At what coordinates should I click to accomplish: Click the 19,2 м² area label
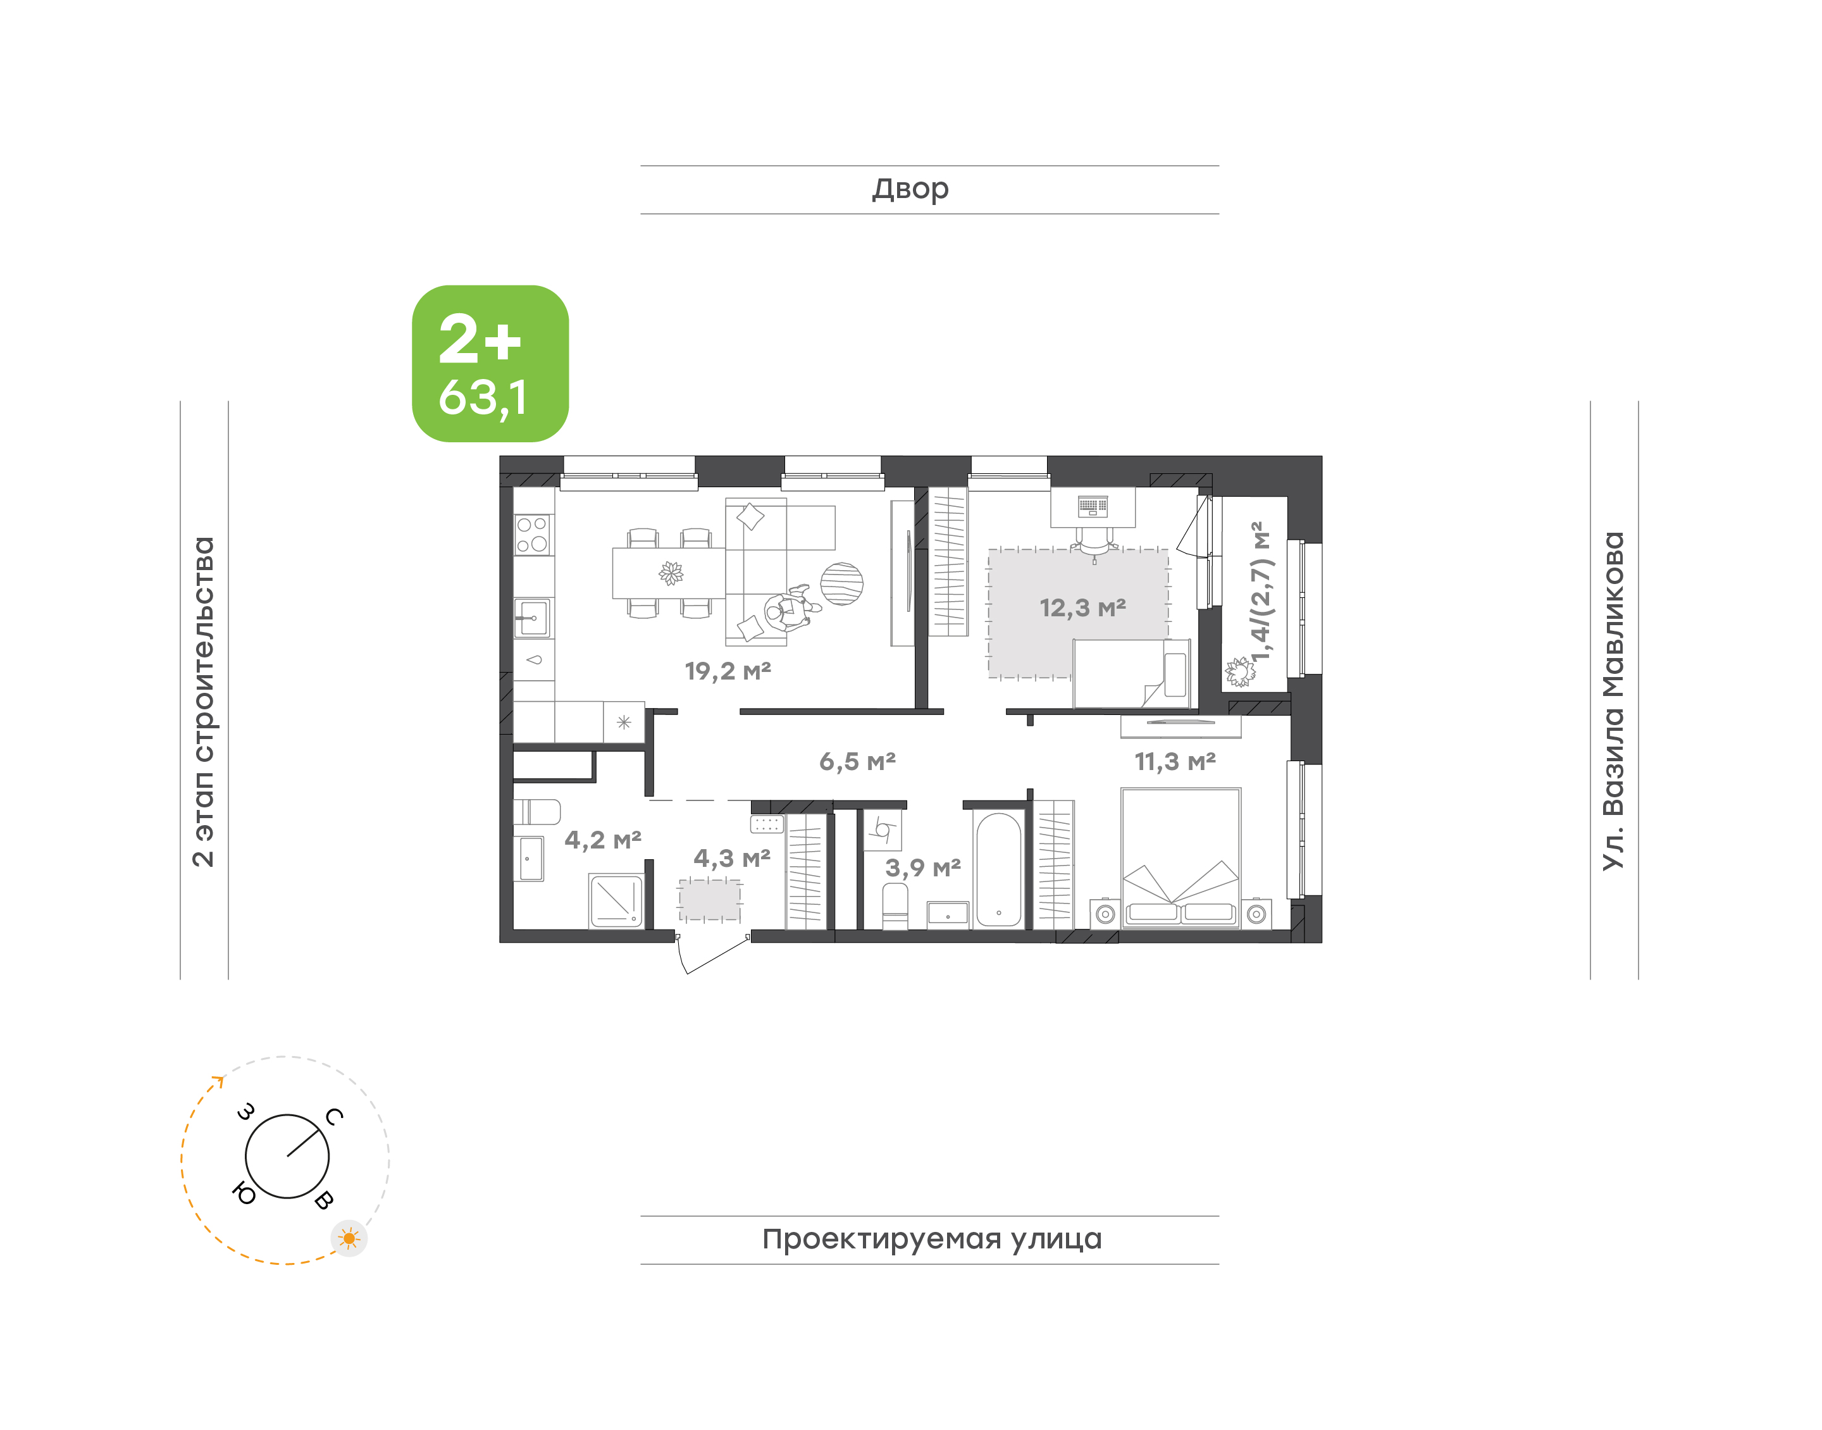tap(728, 671)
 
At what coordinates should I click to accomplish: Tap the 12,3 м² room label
tap(1082, 608)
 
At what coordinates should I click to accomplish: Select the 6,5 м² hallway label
tap(857, 761)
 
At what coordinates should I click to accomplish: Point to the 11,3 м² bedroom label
tap(1174, 762)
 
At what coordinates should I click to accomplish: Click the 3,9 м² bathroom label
tap(922, 867)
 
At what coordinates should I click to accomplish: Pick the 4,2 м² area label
tap(603, 840)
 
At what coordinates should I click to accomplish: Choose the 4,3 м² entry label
tap(731, 858)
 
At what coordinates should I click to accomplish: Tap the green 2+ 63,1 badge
tap(490, 363)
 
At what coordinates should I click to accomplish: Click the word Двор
tap(910, 189)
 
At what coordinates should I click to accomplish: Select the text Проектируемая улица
tap(931, 1239)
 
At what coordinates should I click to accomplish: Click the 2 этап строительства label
tap(203, 702)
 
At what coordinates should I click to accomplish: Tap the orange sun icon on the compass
tap(349, 1238)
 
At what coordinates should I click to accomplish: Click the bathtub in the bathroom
tap(998, 869)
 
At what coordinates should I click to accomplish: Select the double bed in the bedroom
tap(1180, 857)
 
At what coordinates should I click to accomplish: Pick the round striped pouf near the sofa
tap(841, 583)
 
